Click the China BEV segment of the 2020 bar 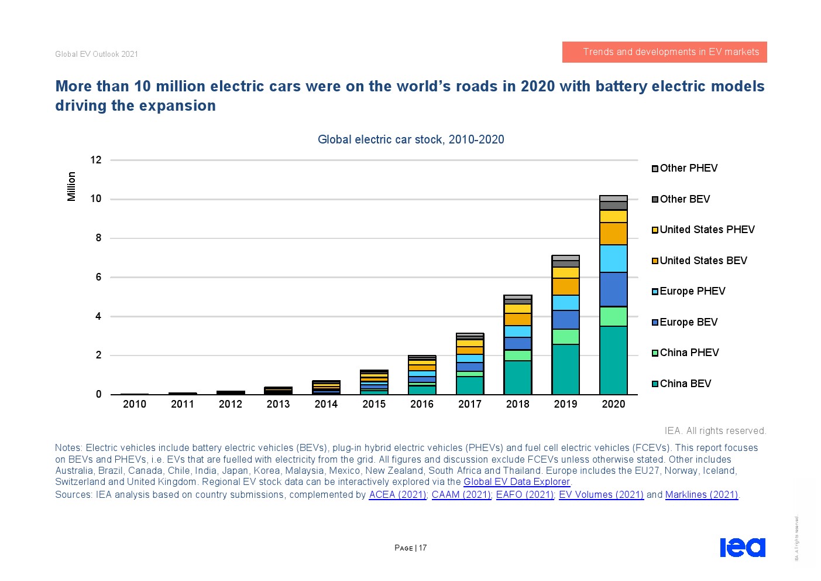click(613, 360)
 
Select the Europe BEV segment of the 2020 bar click(613, 289)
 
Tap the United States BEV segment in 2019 click(565, 286)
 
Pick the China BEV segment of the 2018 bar click(517, 377)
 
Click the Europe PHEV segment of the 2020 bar click(613, 258)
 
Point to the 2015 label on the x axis click(374, 404)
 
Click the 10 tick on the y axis click(96, 199)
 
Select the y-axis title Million click(71, 186)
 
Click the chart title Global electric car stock click(411, 139)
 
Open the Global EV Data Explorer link click(517, 482)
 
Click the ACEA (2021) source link click(397, 495)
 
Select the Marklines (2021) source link click(702, 495)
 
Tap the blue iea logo click(742, 547)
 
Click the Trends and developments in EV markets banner click(664, 52)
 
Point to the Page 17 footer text click(411, 548)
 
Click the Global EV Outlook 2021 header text click(97, 54)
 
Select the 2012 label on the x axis click(230, 404)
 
